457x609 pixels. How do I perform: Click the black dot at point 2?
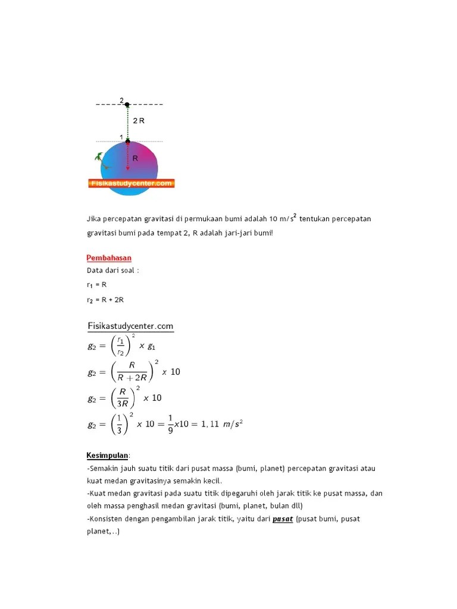click(x=127, y=104)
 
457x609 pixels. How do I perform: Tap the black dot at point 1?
click(x=127, y=142)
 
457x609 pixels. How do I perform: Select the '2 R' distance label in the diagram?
click(x=139, y=120)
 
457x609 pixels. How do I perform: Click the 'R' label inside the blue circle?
click(x=135, y=159)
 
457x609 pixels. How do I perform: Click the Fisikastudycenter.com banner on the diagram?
click(x=132, y=184)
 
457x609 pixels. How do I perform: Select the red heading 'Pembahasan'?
click(x=109, y=258)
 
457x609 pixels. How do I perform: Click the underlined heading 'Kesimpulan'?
click(x=108, y=456)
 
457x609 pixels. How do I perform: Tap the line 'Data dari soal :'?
click(x=113, y=270)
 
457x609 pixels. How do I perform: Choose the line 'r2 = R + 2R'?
click(x=105, y=300)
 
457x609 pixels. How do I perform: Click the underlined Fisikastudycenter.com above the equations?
click(x=130, y=326)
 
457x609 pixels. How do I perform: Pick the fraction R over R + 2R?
click(x=132, y=372)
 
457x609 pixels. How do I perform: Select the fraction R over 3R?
click(x=123, y=398)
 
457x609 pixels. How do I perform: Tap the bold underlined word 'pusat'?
click(x=283, y=519)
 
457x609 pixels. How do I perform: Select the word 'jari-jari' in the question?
click(x=244, y=233)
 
